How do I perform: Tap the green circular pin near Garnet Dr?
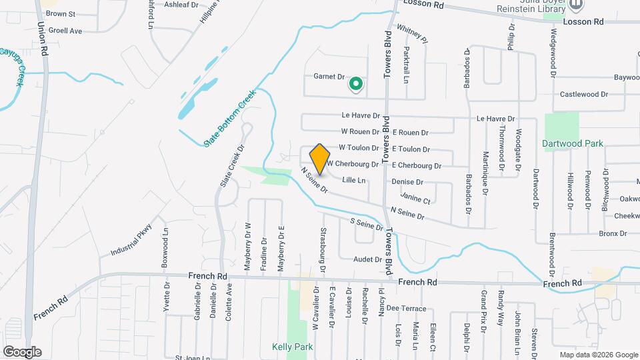coord(356,84)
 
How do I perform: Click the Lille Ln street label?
coord(354,180)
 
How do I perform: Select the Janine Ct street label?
coord(417,198)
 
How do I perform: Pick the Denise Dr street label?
coord(407,182)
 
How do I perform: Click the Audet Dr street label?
coord(367,259)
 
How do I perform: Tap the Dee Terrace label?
coord(405,308)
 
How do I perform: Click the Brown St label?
coord(61,13)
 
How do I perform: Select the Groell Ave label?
coord(65,31)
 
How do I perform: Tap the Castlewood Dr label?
coord(584,95)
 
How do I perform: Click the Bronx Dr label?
coord(613,233)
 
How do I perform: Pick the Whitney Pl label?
coord(412,33)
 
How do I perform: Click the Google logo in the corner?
coord(22,351)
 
